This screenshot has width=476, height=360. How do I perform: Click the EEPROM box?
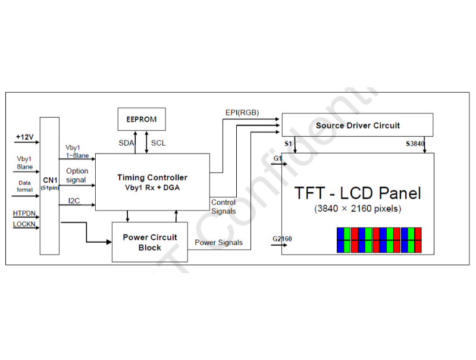(142, 119)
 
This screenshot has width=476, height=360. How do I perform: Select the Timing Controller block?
(152, 182)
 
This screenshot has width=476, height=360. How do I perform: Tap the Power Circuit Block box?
(150, 242)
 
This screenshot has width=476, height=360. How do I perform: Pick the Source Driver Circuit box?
(358, 125)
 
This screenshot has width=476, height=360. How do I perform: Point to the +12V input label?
(25, 137)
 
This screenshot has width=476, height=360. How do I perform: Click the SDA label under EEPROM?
(126, 143)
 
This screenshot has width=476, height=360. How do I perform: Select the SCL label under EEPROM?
(158, 143)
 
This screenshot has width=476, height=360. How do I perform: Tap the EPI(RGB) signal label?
(242, 112)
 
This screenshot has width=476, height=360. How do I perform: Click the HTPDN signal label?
(24, 214)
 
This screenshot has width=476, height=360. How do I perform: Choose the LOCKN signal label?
(24, 224)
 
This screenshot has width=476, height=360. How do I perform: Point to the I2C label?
(74, 201)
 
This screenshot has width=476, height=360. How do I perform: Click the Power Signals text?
(218, 243)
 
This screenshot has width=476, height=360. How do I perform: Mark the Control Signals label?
(224, 206)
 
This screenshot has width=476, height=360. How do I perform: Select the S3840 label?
(415, 143)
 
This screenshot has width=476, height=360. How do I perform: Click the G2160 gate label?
(282, 239)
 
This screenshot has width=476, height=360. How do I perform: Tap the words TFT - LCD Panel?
(358, 193)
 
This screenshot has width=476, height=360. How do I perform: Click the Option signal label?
(77, 176)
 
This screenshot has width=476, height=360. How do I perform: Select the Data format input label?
(24, 186)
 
